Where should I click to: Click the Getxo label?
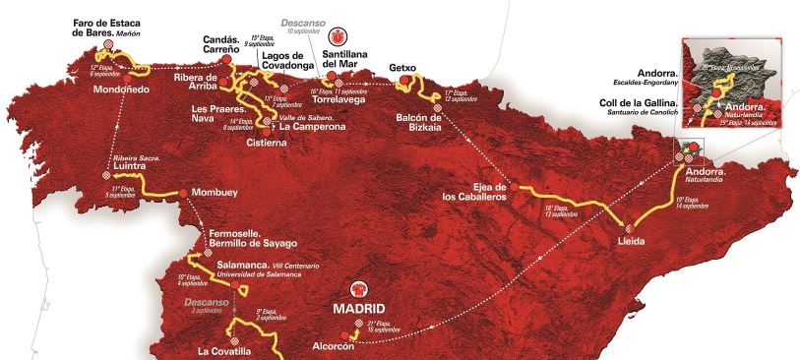pos(404,67)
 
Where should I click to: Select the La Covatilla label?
pos(229,351)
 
